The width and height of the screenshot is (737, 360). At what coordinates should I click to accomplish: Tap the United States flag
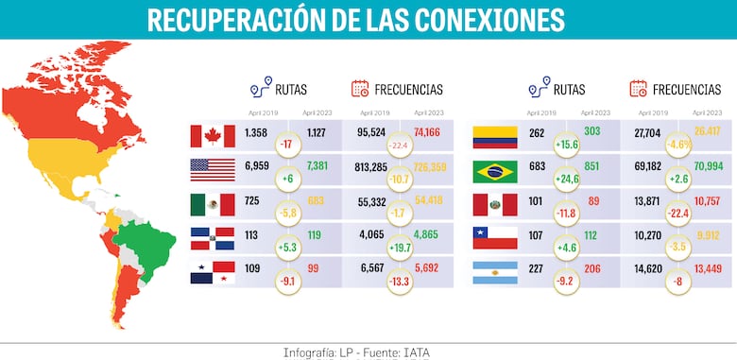click(213, 171)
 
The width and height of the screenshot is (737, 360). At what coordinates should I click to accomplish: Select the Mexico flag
click(213, 205)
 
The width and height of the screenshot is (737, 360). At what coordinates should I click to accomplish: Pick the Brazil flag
click(495, 171)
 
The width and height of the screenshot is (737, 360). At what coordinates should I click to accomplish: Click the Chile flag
click(495, 238)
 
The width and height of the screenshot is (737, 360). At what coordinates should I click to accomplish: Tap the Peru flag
click(495, 205)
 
